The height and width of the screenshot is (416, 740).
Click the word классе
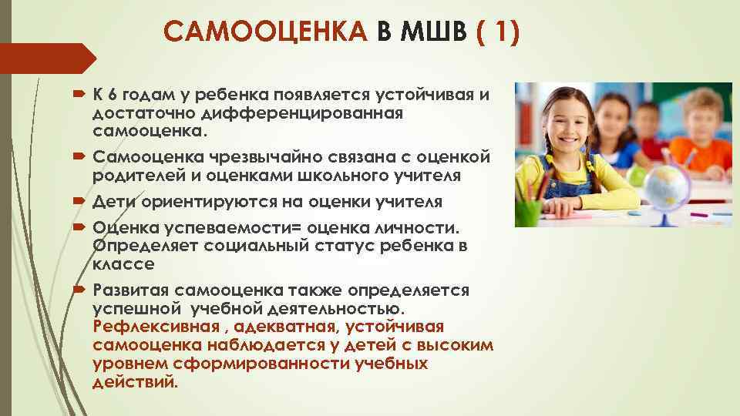click(123, 263)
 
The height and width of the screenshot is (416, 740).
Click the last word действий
click(135, 381)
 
